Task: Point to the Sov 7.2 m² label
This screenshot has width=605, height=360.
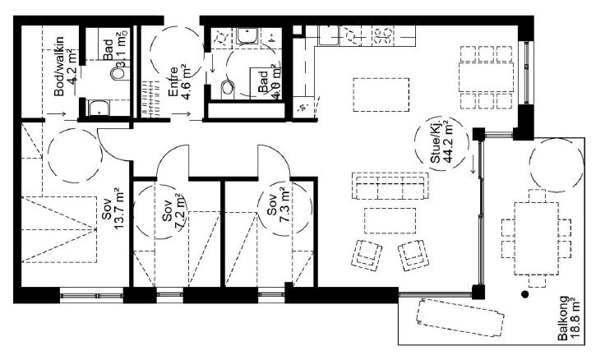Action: [x=172, y=215]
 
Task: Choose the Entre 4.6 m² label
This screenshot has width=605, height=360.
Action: [x=179, y=81]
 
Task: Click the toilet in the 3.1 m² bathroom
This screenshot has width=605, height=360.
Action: [x=118, y=73]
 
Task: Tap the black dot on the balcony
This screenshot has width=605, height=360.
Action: [x=524, y=294]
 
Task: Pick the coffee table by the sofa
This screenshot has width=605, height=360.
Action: [x=388, y=219]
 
